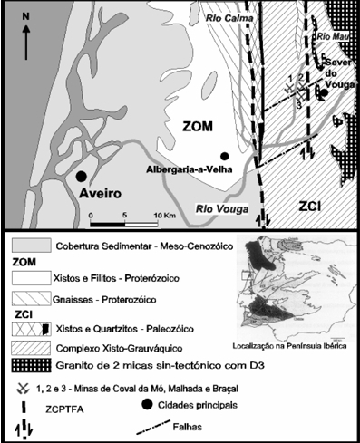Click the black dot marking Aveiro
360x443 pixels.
pos(82,176)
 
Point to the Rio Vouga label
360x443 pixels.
pos(221,208)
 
